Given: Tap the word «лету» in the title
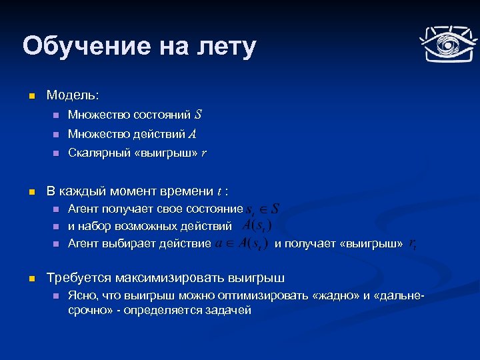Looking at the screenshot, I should click(x=226, y=47).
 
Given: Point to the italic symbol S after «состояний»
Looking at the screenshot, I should click(x=198, y=115).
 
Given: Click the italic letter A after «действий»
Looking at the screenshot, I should click(x=192, y=134).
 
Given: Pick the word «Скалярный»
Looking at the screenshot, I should click(x=94, y=153).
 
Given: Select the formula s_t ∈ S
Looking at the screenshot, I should click(x=263, y=210).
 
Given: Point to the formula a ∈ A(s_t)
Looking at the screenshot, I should click(x=242, y=243).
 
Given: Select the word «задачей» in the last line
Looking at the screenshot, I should click(x=229, y=310).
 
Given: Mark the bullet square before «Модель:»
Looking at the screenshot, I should click(x=30, y=97).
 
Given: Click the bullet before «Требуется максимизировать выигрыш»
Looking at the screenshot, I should click(x=30, y=277).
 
